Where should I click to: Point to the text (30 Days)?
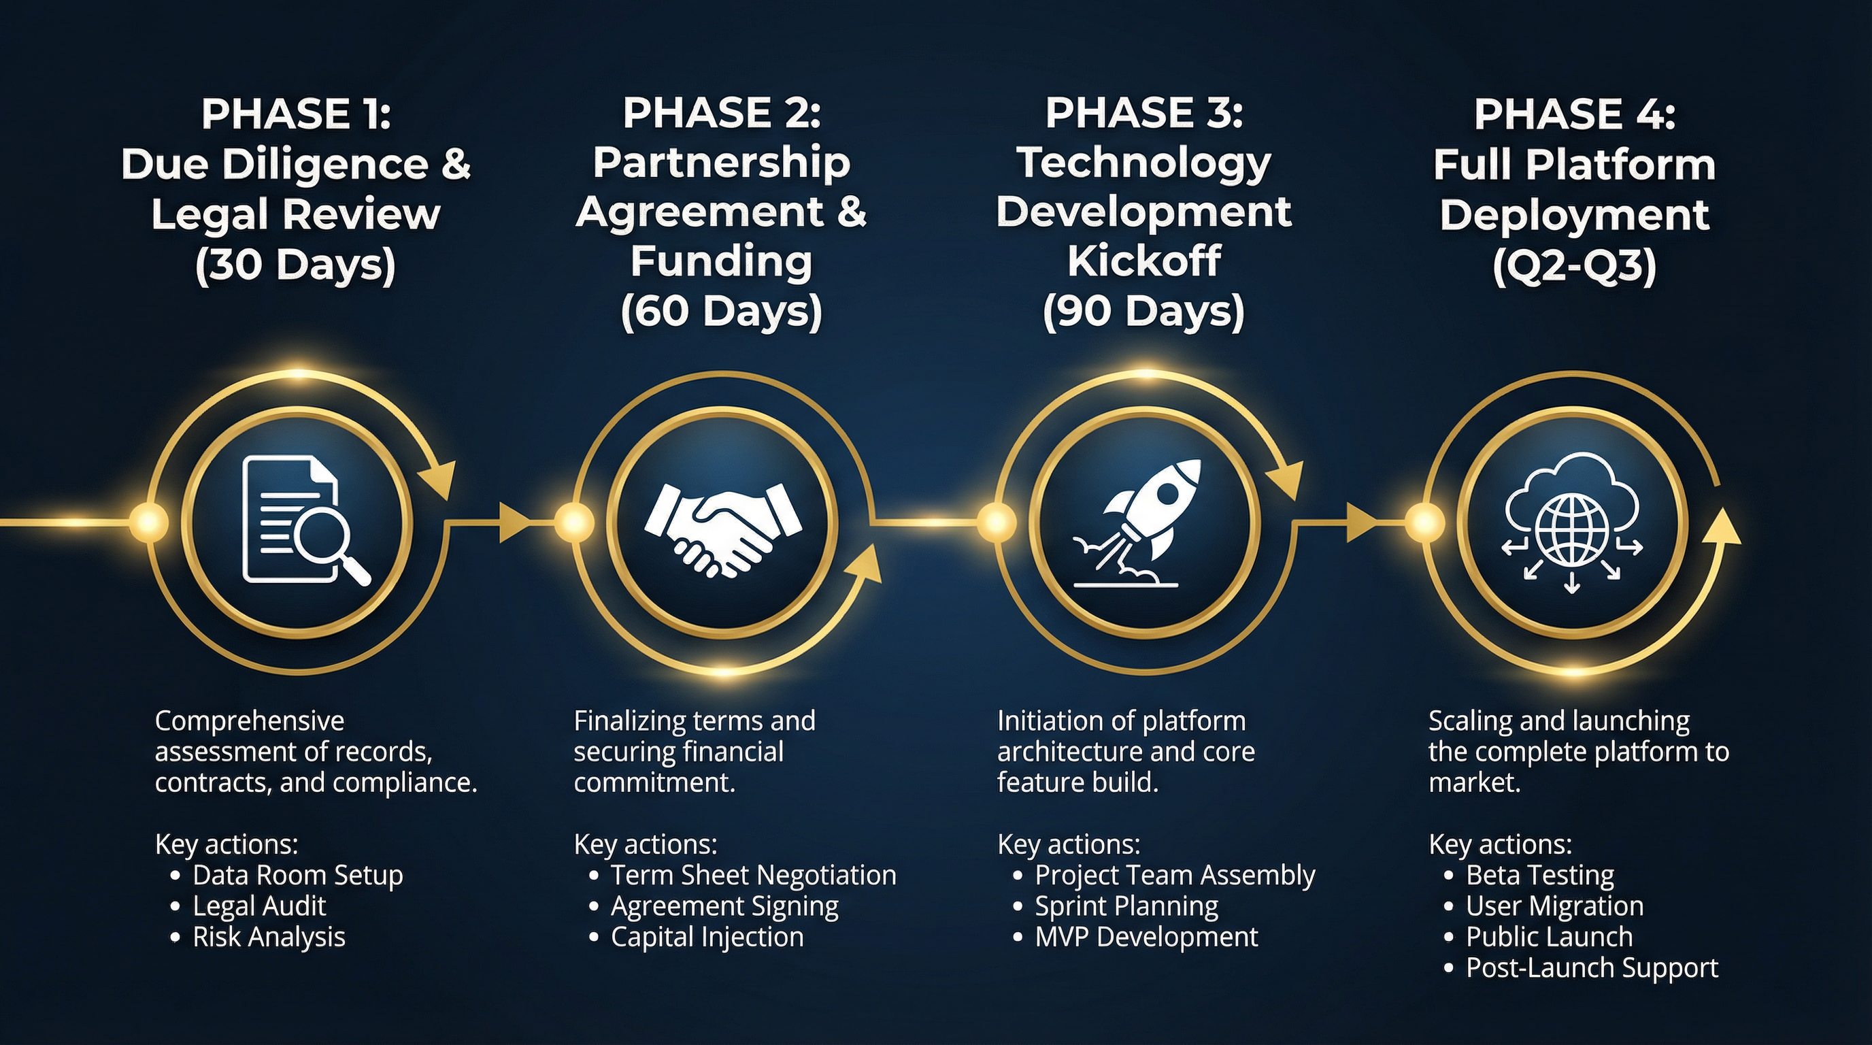click(295, 265)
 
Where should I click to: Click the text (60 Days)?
click(721, 312)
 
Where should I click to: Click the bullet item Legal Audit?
click(258, 906)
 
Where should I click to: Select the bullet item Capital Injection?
click(707, 937)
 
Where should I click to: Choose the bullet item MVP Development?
click(1146, 937)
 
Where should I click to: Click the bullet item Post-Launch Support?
click(1592, 968)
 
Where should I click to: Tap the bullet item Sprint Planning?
click(1126, 906)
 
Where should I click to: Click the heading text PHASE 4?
click(1574, 114)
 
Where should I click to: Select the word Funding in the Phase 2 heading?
click(721, 262)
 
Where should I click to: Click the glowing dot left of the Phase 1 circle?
click(149, 522)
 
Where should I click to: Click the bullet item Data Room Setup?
click(297, 875)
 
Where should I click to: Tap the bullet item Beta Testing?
click(1540, 875)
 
